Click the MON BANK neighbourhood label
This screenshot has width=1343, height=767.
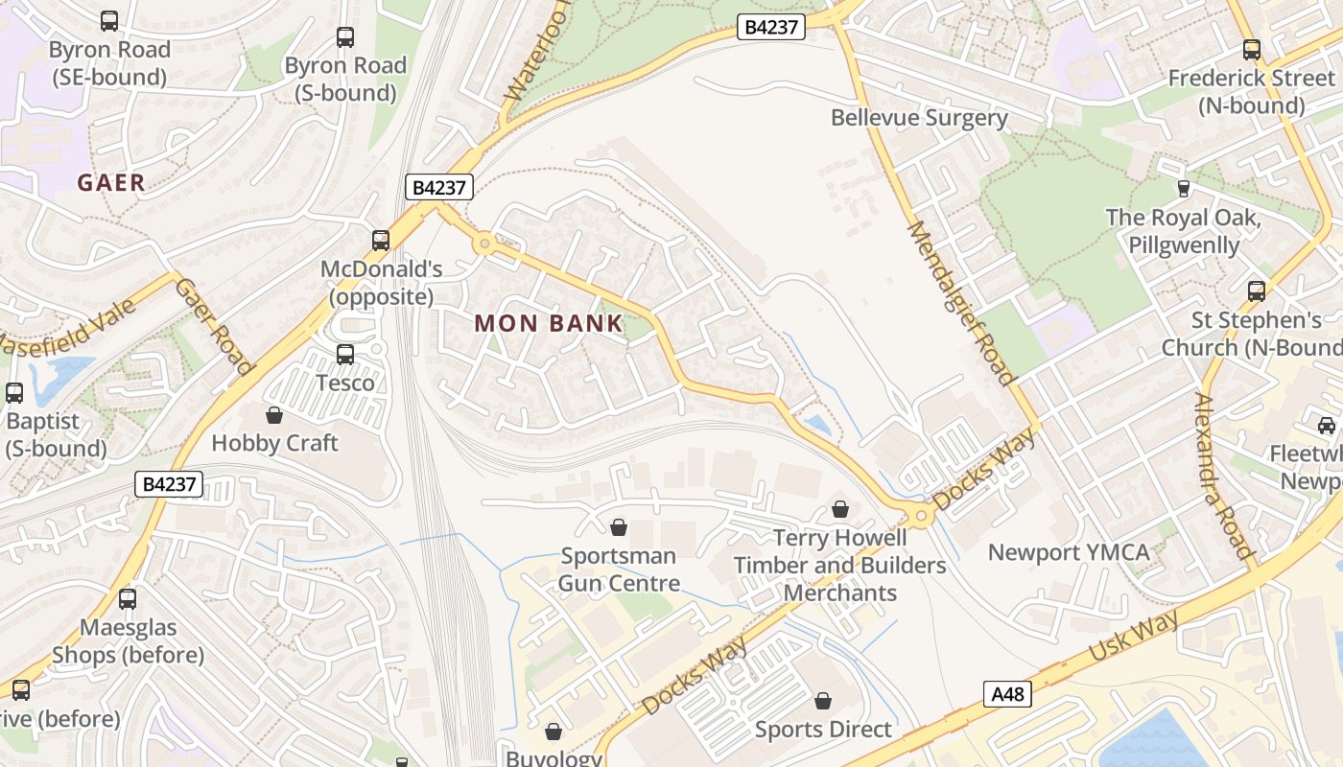click(x=549, y=324)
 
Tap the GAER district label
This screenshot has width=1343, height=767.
click(x=111, y=182)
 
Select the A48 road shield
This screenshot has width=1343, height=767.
click(x=1007, y=694)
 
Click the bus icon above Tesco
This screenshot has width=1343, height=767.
click(x=345, y=355)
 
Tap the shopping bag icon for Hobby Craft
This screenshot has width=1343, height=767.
click(x=274, y=415)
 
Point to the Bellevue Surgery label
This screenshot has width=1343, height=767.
click(x=919, y=118)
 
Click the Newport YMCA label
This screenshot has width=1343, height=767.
click(x=1069, y=552)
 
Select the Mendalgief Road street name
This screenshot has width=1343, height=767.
click(x=959, y=302)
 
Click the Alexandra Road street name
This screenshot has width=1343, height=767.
click(x=1223, y=476)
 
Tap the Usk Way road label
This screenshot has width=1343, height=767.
click(x=1134, y=637)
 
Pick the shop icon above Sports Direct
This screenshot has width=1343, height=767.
click(x=823, y=701)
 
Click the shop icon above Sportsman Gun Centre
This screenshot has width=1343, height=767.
click(x=619, y=527)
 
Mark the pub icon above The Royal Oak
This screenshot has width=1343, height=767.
click(x=1183, y=189)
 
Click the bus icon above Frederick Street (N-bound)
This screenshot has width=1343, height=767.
click(x=1252, y=49)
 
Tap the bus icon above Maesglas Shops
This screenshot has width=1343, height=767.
click(x=128, y=599)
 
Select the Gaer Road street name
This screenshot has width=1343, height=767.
click(x=215, y=327)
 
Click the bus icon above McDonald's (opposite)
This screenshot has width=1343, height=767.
click(x=381, y=240)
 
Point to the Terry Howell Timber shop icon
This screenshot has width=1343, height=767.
click(x=840, y=509)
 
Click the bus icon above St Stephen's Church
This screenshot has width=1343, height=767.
click(x=1256, y=291)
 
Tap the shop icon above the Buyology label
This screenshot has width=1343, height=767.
click(x=554, y=732)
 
